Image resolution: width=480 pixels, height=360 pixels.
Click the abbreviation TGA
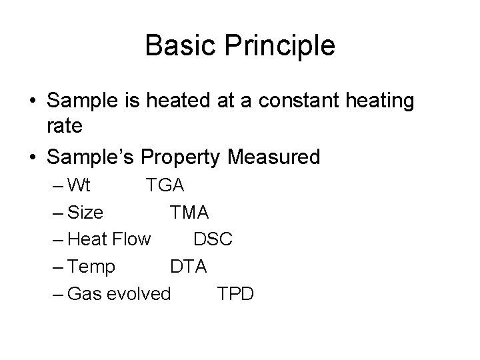(x=165, y=185)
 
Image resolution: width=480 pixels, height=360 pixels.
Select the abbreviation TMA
(x=189, y=212)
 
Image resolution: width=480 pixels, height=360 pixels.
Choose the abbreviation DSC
(x=213, y=239)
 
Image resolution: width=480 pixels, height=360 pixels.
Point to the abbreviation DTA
(x=188, y=267)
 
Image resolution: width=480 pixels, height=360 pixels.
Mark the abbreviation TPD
(x=235, y=294)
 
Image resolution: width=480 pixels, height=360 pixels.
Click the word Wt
(x=79, y=185)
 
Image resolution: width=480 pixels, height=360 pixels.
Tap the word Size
(x=85, y=212)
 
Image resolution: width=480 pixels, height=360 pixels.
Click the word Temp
(x=91, y=267)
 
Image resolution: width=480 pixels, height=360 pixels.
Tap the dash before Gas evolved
(x=56, y=294)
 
